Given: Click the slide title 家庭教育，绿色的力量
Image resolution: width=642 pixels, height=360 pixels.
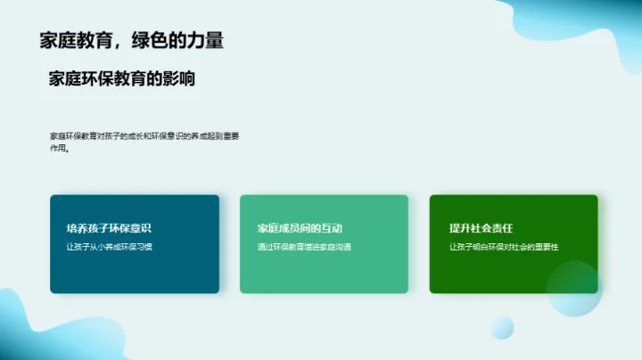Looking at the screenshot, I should [131, 40].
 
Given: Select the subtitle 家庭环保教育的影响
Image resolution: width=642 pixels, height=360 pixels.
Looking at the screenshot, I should [122, 79].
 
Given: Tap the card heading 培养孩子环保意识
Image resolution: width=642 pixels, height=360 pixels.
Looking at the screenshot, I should [103, 228].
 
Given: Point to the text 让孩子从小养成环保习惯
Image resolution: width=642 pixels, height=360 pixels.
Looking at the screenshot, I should [110, 247].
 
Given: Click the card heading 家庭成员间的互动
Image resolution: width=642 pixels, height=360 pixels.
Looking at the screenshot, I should [300, 228].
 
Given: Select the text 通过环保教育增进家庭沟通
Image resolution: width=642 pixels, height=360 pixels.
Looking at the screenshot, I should [304, 247].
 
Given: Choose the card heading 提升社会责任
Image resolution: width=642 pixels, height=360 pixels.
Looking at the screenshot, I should [481, 228].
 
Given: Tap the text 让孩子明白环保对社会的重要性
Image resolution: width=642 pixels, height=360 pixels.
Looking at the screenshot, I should [509, 247].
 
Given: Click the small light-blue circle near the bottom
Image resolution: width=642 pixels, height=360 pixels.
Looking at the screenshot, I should [502, 327].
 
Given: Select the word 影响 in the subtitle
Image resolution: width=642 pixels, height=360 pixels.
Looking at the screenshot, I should [181, 79].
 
